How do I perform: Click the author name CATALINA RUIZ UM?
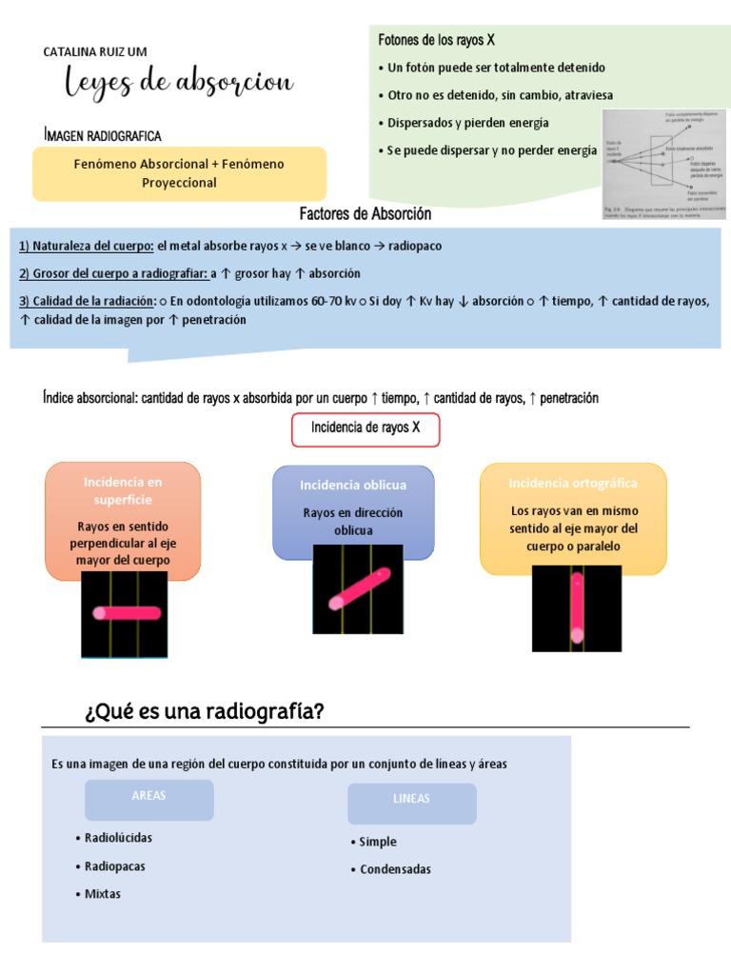(x=95, y=51)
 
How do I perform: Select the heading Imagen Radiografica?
(x=103, y=136)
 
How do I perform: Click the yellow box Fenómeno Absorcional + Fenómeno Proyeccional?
(x=179, y=173)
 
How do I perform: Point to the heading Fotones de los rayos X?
(x=437, y=40)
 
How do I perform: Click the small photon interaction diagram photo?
(x=665, y=165)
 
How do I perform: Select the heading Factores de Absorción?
(x=365, y=214)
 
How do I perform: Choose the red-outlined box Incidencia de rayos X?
(x=365, y=428)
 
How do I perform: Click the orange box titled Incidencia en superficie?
(x=123, y=521)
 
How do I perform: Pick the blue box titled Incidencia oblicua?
(x=352, y=511)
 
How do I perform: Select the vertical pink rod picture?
(x=576, y=607)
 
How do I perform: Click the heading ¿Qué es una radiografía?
(x=205, y=711)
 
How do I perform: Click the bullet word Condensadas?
(x=395, y=869)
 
